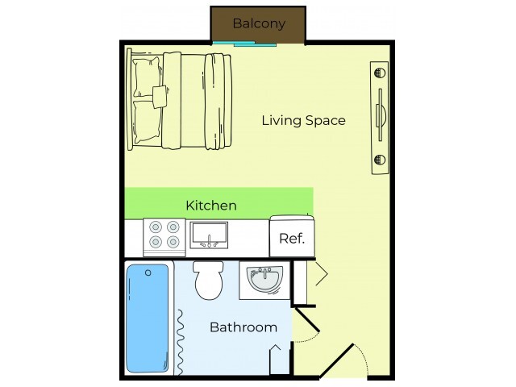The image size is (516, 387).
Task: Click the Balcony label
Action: [x=259, y=23]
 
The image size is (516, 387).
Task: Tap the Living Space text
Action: [x=303, y=121]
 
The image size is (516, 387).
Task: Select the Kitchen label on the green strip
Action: [x=211, y=206]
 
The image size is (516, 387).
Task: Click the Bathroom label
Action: [x=243, y=327]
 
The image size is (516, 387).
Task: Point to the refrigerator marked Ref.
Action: [x=291, y=238]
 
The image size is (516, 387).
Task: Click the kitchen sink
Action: [x=210, y=235]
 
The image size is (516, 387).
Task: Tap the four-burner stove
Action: [x=164, y=235]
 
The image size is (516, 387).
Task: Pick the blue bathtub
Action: [x=148, y=319]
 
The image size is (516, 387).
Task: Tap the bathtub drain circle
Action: [x=148, y=273]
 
